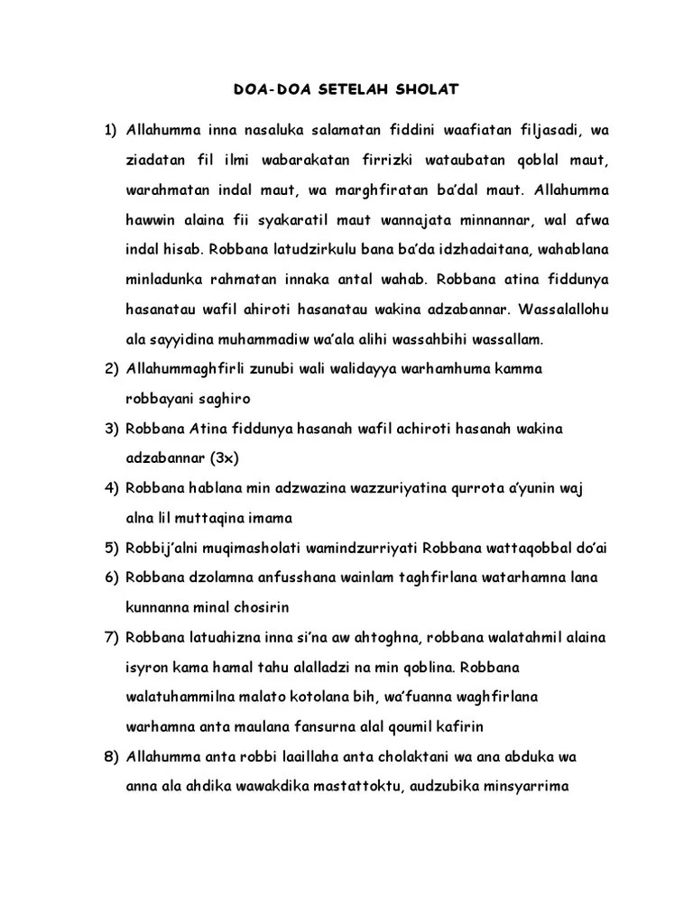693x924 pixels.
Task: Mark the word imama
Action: pyautogui.click(x=269, y=518)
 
